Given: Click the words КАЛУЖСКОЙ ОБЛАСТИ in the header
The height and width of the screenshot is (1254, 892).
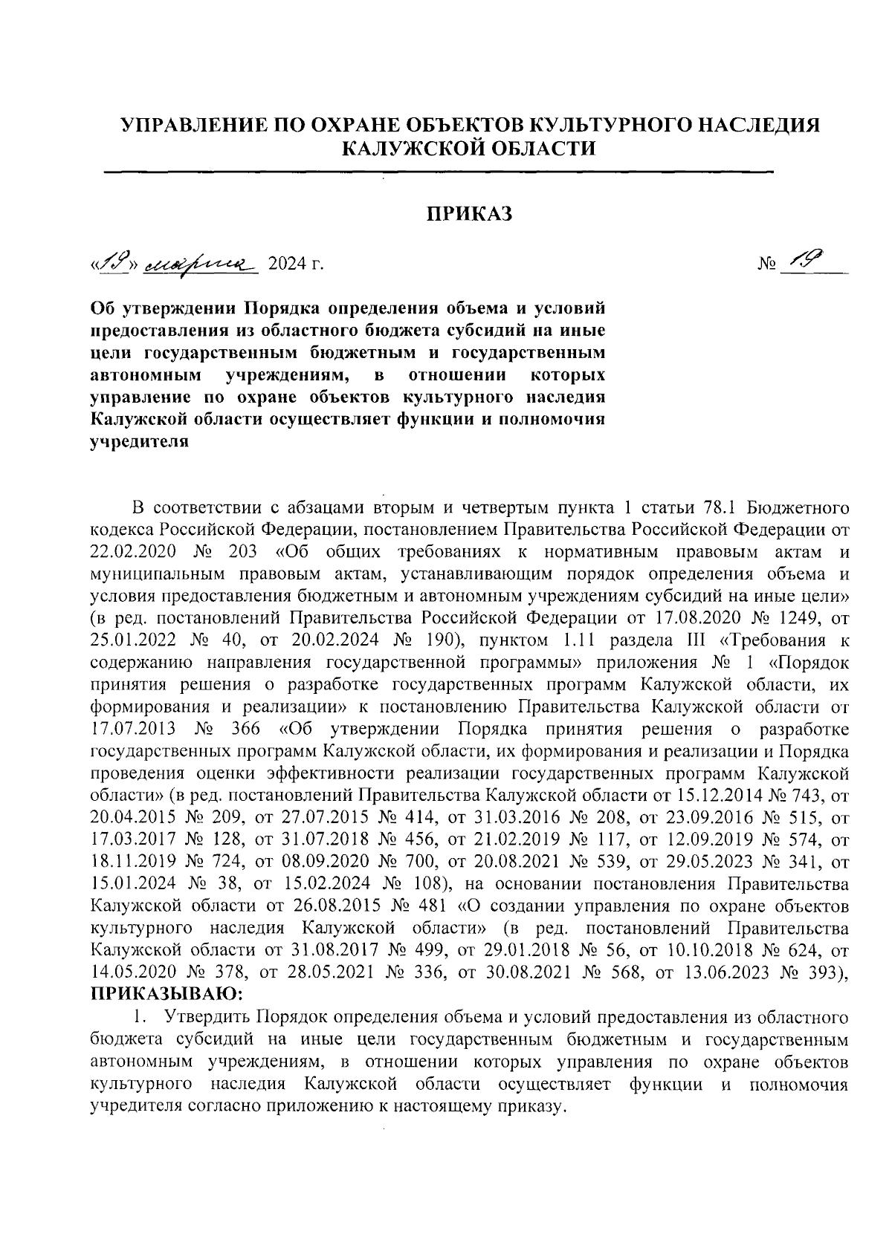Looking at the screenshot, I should [x=468, y=148].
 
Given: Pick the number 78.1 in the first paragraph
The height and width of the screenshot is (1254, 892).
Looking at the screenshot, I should [x=718, y=509].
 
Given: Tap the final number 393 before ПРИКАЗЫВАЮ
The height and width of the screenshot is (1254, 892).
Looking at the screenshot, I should [x=822, y=972].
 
